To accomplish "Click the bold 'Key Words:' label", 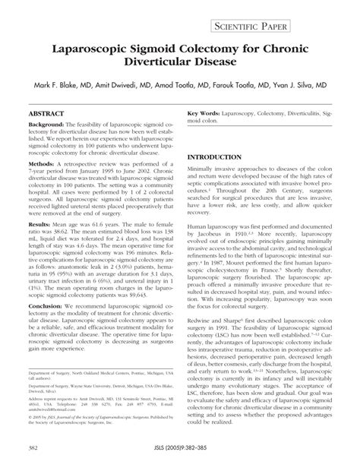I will pyautogui.click(x=205, y=112).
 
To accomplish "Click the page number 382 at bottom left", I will pyautogui.click(x=30, y=460).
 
